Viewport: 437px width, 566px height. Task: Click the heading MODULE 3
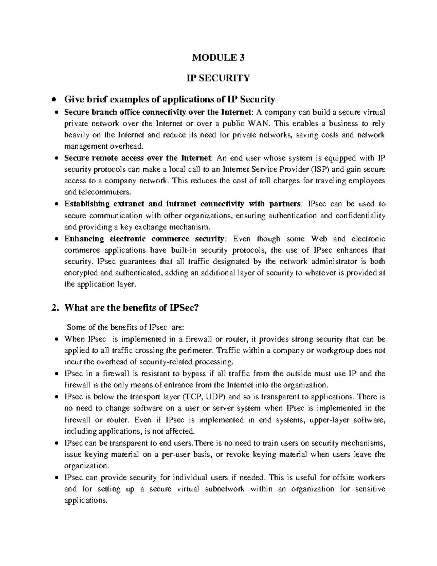click(218, 57)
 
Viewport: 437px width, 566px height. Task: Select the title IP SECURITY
click(218, 78)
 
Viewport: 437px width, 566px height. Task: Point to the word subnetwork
click(224, 489)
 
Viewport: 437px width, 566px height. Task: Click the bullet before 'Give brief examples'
click(54, 99)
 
